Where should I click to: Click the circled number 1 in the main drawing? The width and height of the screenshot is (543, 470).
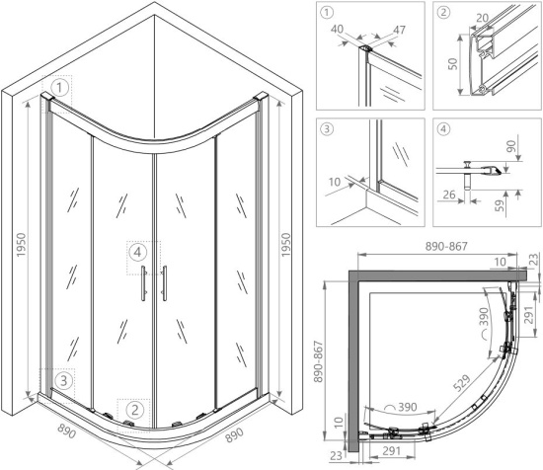point(60,88)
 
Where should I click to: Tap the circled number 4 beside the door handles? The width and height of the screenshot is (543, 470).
point(137,253)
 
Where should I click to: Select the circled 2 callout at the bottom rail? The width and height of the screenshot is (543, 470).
point(134,411)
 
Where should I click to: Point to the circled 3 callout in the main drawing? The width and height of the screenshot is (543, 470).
point(64,381)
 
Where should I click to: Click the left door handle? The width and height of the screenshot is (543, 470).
point(143,283)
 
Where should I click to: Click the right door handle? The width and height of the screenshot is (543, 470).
point(164,283)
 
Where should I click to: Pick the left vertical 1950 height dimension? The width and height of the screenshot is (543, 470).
point(21,245)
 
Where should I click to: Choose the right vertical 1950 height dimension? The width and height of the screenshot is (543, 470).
point(286,245)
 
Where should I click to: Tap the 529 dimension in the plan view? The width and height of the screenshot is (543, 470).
point(462,383)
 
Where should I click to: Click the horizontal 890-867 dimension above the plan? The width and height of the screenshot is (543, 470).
point(446,246)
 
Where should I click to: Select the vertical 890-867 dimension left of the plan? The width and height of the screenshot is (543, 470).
point(318,362)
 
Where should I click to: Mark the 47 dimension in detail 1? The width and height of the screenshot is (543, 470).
point(399,30)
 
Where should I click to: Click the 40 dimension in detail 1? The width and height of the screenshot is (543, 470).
point(338,29)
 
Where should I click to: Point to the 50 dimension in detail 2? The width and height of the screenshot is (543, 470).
point(452,64)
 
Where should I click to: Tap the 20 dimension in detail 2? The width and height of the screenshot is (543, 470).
point(483,18)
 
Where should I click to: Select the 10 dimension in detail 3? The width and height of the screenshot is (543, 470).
point(335,182)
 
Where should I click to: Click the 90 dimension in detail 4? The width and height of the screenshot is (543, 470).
point(511,146)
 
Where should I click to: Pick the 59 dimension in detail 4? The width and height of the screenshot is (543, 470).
point(499,204)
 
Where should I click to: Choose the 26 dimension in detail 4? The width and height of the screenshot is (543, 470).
point(449,195)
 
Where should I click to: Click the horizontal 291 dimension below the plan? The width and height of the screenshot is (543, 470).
point(392,450)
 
